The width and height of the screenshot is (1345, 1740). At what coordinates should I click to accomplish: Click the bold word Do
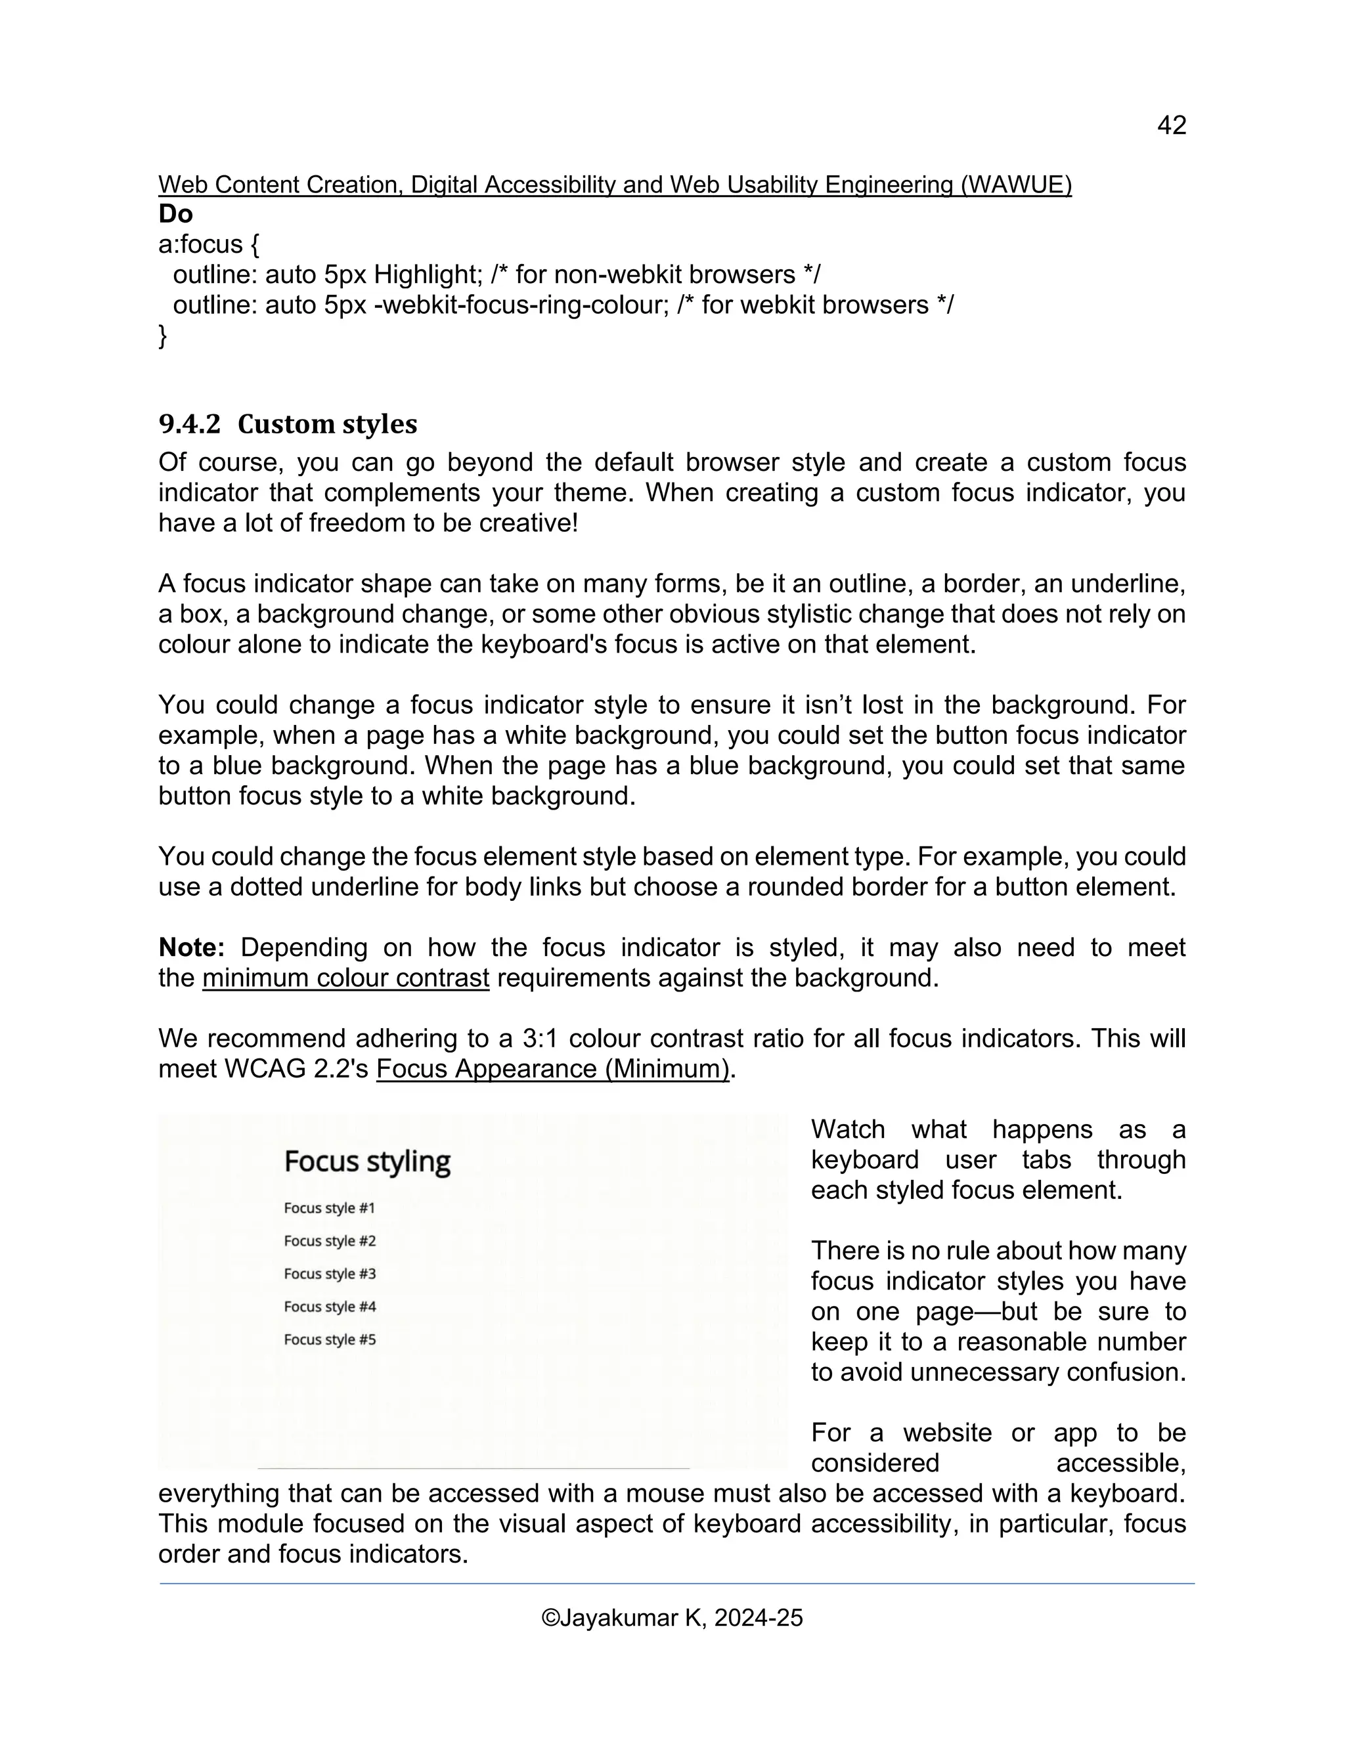pyautogui.click(x=175, y=213)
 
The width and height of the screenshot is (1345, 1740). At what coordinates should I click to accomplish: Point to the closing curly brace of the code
pyautogui.click(x=163, y=336)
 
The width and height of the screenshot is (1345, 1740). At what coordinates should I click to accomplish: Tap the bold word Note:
pyautogui.click(x=192, y=947)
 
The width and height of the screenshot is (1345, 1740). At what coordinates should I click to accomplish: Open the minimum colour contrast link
pyautogui.click(x=345, y=978)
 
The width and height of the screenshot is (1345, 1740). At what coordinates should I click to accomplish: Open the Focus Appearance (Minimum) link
pyautogui.click(x=553, y=1068)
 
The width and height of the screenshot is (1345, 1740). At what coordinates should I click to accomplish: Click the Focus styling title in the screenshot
pyautogui.click(x=366, y=1161)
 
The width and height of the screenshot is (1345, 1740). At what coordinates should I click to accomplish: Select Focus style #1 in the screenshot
pyautogui.click(x=329, y=1207)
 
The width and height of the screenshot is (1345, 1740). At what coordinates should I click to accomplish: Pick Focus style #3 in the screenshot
pyautogui.click(x=329, y=1273)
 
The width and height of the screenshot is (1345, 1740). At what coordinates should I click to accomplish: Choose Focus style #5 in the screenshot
pyautogui.click(x=329, y=1339)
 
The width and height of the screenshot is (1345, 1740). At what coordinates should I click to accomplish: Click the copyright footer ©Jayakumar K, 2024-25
pyautogui.click(x=672, y=1617)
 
